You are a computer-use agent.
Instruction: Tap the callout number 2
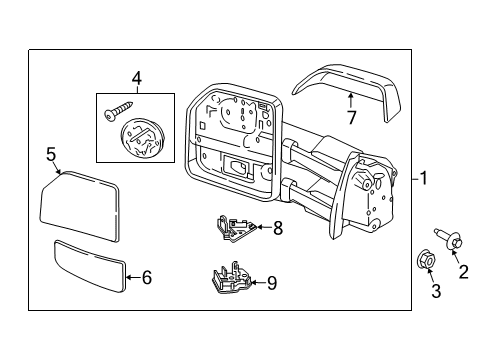pyautogui.click(x=462, y=271)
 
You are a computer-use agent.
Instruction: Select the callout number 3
pyautogui.click(x=434, y=292)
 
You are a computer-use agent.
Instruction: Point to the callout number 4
pyautogui.click(x=136, y=77)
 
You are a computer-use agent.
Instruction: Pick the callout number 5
pyautogui.click(x=52, y=155)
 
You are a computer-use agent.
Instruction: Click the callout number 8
pyautogui.click(x=278, y=228)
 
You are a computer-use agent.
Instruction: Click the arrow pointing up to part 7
pyautogui.click(x=351, y=100)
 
